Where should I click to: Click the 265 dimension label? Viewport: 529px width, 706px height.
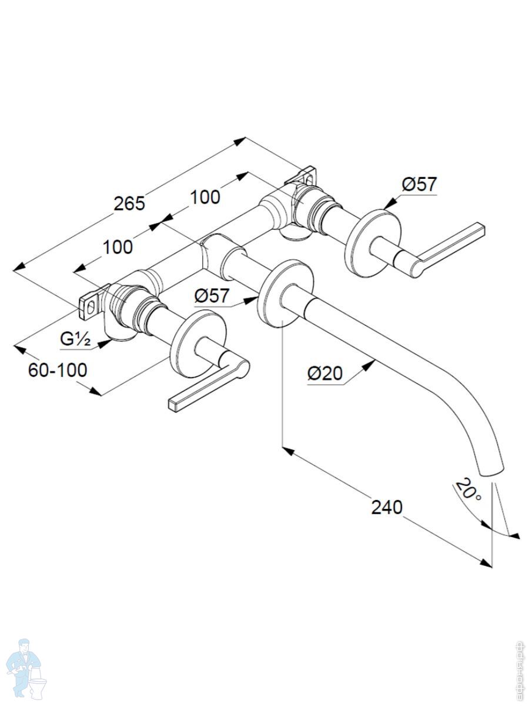129,204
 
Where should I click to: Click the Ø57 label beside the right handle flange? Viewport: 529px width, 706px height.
419,184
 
